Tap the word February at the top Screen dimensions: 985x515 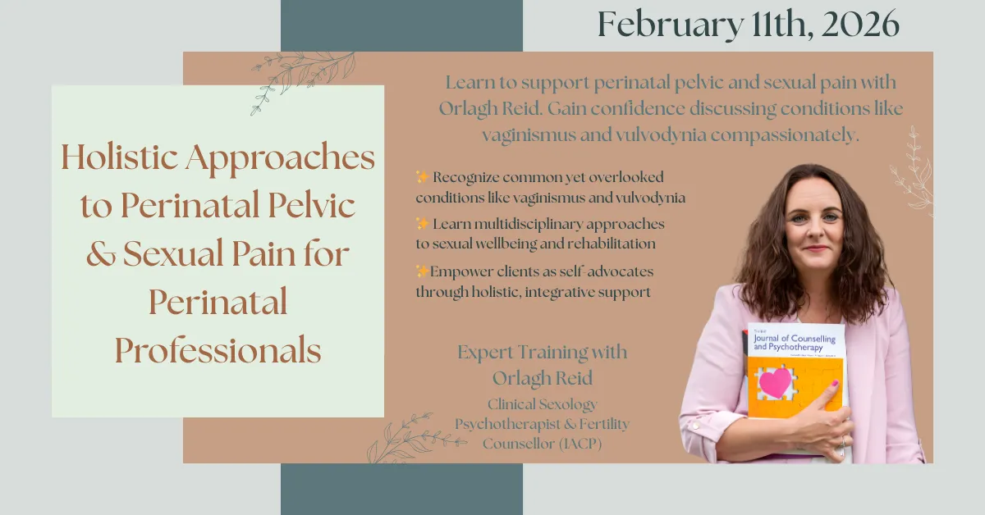[x=671, y=25]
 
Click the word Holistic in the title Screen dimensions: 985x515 [x=119, y=157]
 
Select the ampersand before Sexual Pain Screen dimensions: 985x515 [x=101, y=254]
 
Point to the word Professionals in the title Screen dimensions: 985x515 [x=218, y=350]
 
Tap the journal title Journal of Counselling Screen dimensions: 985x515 [x=795, y=339]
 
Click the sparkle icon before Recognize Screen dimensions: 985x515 [x=422, y=176]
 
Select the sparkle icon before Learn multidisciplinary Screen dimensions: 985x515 [x=422, y=224]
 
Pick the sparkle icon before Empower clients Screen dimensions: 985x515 [x=422, y=271]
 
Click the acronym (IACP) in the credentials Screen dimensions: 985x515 [x=580, y=444]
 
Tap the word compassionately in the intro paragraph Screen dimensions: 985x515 [x=785, y=135]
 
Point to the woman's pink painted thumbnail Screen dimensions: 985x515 [x=834, y=383]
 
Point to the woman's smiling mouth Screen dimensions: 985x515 [x=816, y=248]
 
